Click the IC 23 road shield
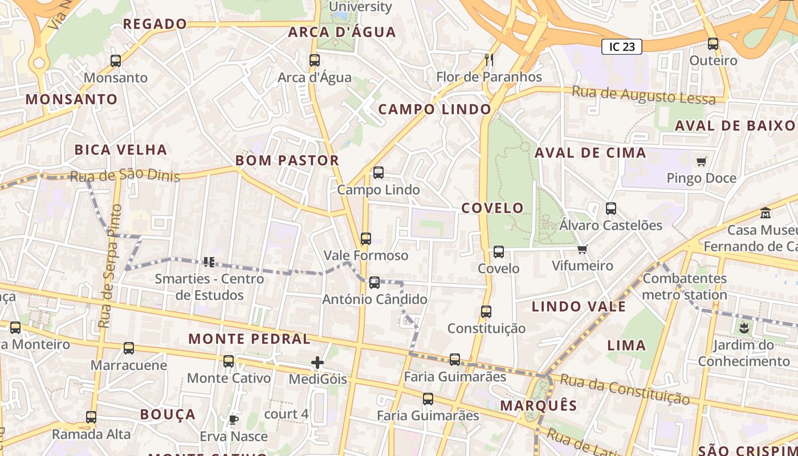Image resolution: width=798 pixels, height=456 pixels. click(x=621, y=47)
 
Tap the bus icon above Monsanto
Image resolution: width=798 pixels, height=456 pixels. click(x=116, y=60)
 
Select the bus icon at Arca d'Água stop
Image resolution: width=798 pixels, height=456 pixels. click(x=314, y=60)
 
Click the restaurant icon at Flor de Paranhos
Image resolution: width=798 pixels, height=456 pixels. click(x=488, y=59)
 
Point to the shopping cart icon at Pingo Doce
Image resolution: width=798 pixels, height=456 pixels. click(x=701, y=161)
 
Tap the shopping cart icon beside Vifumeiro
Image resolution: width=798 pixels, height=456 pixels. click(x=582, y=249)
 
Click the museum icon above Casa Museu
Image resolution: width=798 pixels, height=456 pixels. click(x=766, y=213)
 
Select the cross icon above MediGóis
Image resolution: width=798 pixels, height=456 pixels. click(x=317, y=363)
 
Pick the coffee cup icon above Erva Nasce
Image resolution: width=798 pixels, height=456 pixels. click(x=233, y=420)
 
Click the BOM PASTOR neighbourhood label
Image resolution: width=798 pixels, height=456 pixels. click(x=287, y=161)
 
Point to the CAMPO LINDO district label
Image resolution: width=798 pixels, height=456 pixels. click(x=434, y=109)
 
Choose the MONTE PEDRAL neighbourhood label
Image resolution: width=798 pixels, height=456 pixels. click(x=249, y=339)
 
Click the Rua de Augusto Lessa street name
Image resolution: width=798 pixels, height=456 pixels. click(x=644, y=95)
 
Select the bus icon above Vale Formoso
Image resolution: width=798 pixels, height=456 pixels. click(x=366, y=239)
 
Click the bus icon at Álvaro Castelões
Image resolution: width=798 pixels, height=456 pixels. click(x=611, y=209)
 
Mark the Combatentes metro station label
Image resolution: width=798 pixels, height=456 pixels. click(x=685, y=287)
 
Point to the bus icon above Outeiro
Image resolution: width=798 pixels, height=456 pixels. click(x=713, y=44)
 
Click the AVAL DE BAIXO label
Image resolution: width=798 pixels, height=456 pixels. click(x=735, y=126)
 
